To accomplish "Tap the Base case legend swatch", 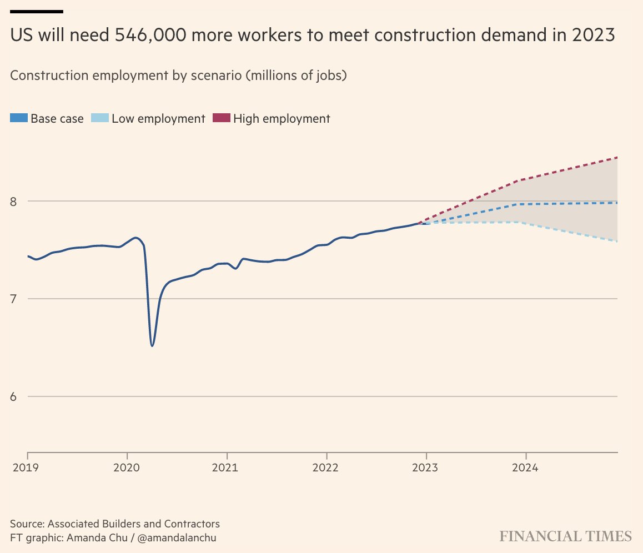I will click(19, 118).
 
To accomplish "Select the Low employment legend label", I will click(158, 118).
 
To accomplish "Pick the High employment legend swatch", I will click(221, 118).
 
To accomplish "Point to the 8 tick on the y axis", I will click(15, 201).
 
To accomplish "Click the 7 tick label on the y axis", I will click(15, 299).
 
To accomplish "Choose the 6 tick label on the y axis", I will click(15, 397).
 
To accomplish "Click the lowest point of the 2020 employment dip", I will click(152, 346).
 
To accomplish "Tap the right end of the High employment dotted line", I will click(617, 158).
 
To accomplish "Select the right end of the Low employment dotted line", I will click(617, 241).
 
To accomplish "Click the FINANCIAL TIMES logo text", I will click(565, 536).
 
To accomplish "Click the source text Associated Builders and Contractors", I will click(133, 524).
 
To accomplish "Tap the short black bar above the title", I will click(37, 11).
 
